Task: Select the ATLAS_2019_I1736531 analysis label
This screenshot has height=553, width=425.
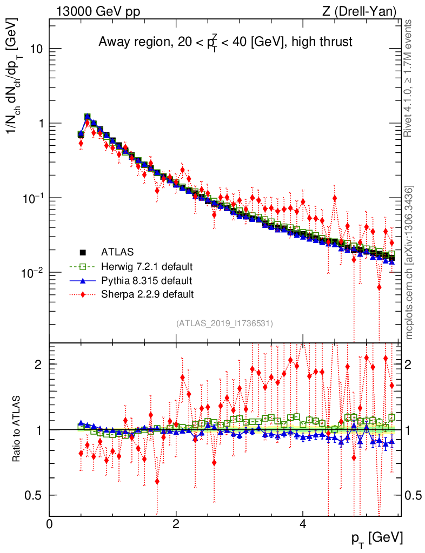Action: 224,323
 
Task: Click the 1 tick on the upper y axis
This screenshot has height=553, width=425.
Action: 39,124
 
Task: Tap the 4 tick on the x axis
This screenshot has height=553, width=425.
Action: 303,524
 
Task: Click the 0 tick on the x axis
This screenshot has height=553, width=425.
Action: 50,524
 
